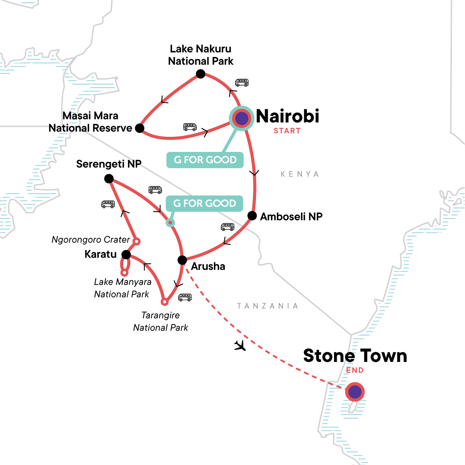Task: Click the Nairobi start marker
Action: [242, 119]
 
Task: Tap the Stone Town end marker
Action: [355, 392]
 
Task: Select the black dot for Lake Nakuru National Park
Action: [200, 74]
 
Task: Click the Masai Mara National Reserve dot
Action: [139, 128]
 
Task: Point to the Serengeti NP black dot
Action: [109, 179]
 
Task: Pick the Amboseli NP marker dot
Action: [252, 216]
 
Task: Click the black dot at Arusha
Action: [182, 260]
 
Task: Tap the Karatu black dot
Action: [126, 255]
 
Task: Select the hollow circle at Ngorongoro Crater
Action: [136, 241]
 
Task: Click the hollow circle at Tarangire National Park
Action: [165, 302]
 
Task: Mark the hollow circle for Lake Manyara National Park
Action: [124, 273]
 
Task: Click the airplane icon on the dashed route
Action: [240, 345]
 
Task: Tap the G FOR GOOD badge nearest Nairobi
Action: [205, 160]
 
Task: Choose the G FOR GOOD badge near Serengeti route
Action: [204, 203]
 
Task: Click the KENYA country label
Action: [300, 174]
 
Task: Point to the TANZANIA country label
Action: [267, 306]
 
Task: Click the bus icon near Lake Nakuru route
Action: [242, 83]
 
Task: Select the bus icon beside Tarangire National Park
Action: [185, 298]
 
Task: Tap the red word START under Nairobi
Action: [287, 131]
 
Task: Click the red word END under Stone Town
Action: [355, 370]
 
